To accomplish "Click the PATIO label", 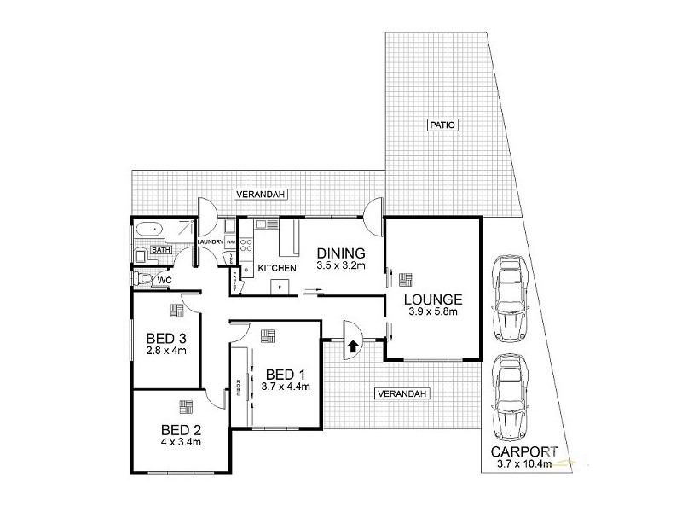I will click(443, 125).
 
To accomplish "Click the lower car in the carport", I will click(509, 393).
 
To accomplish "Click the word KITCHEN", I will click(278, 268).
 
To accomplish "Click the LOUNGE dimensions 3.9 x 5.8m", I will click(432, 312).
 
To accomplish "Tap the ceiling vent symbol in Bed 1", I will click(269, 335).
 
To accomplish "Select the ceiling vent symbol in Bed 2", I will click(185, 404).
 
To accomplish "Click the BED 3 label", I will click(167, 338).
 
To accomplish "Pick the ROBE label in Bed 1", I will click(240, 385).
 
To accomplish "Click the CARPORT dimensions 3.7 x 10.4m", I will click(523, 464).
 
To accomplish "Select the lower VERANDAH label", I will click(402, 393).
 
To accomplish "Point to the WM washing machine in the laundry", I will click(230, 242).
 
